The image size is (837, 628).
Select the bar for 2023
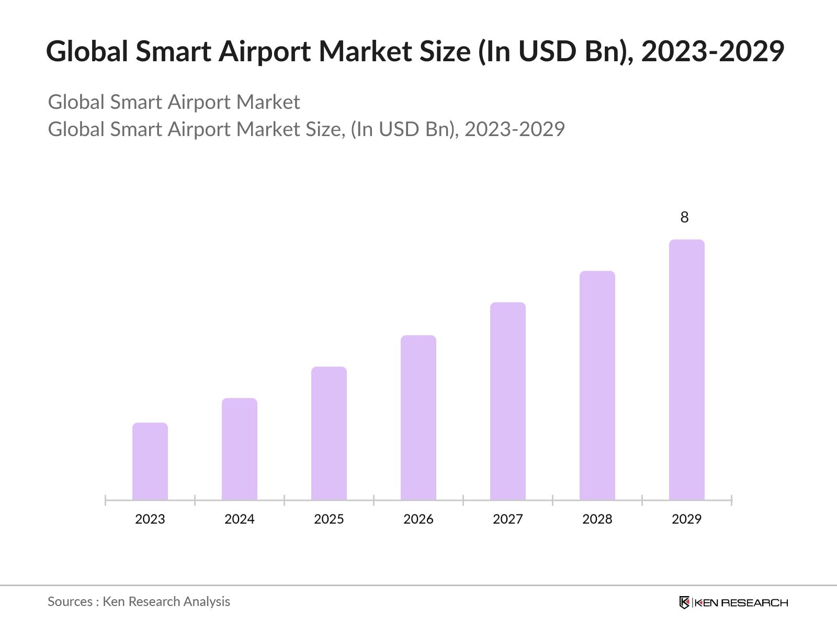[x=150, y=461]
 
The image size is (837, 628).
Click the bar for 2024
[x=240, y=449]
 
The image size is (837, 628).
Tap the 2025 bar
[x=329, y=433]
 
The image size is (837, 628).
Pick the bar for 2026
[x=418, y=418]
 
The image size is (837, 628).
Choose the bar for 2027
[x=508, y=401]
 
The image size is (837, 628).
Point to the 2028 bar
[x=597, y=385]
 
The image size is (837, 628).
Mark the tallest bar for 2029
[x=687, y=369]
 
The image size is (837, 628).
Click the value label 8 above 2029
[x=684, y=217]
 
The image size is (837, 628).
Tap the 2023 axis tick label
[x=150, y=519]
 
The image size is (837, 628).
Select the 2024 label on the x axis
[x=240, y=519]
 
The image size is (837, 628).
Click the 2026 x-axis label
[x=418, y=519]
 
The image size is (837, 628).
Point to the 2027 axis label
[x=508, y=519]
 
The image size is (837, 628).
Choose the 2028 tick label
[x=597, y=519]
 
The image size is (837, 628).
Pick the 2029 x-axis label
[x=687, y=519]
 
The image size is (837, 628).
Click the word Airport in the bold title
[x=265, y=52]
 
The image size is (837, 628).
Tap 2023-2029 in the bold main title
[x=712, y=52]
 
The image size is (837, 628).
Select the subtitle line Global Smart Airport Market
[x=174, y=102]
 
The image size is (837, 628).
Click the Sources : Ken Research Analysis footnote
[x=139, y=602]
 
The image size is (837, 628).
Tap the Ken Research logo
[x=733, y=602]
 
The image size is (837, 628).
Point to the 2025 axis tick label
[x=329, y=519]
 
